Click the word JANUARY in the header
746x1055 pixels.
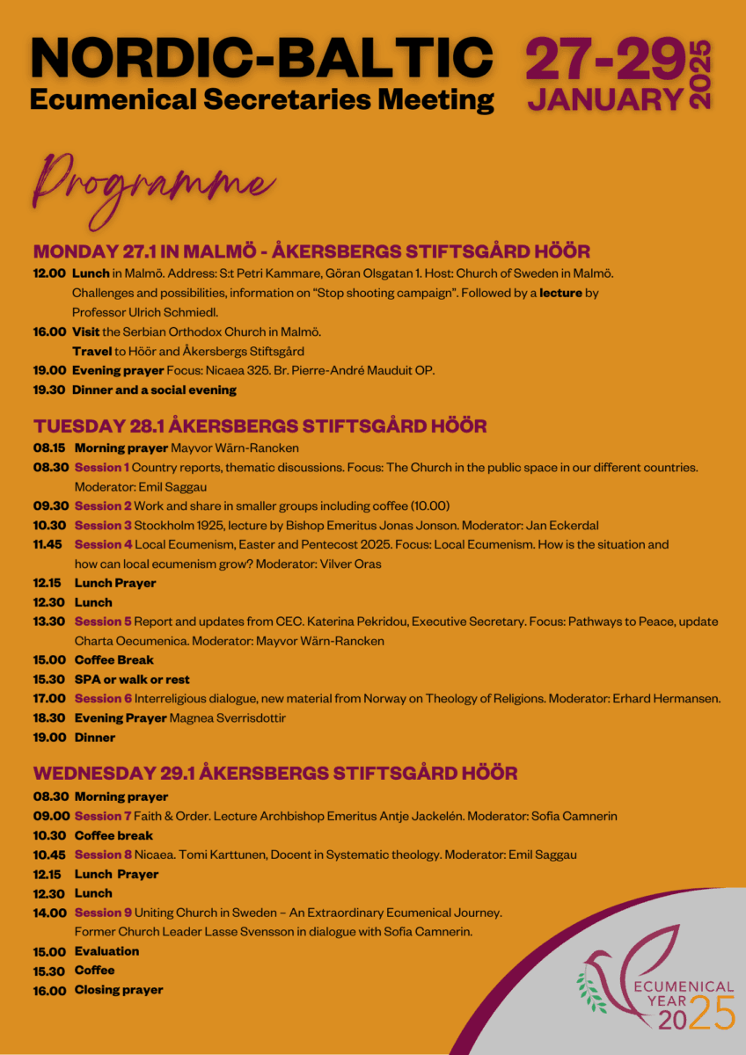[x=605, y=98]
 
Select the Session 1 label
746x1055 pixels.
[x=102, y=467]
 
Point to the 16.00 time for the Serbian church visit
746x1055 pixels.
[x=49, y=331]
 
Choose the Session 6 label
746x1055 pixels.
[x=103, y=699]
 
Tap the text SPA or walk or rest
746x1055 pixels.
[x=132, y=680]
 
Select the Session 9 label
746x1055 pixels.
[x=103, y=913]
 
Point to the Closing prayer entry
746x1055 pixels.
[x=119, y=990]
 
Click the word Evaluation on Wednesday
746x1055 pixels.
[x=106, y=951]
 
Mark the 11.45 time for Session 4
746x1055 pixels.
[x=49, y=544]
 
